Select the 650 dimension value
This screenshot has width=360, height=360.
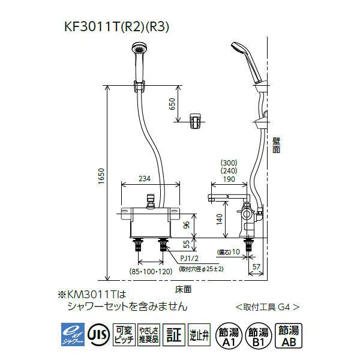[173, 104]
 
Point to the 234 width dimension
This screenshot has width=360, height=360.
[145, 178]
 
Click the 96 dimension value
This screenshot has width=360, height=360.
[186, 225]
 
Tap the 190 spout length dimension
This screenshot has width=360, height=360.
[228, 178]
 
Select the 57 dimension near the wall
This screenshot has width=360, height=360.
[256, 266]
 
